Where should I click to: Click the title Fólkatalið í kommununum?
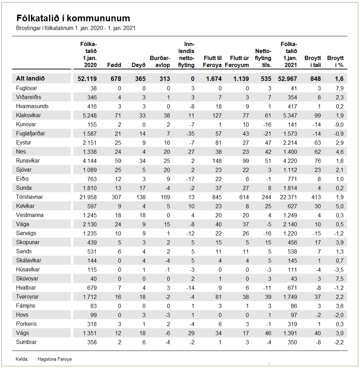click(73, 18)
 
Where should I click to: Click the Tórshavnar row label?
click(30, 197)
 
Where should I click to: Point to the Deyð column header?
click(138, 65)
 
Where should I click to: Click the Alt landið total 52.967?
click(287, 79)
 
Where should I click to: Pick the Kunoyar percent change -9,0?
click(337, 125)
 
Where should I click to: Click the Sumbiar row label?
click(26, 342)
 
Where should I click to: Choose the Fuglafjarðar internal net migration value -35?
click(190, 134)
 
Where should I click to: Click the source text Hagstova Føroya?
click(54, 359)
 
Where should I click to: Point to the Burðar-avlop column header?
click(160, 61)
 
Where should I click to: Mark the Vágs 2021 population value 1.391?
click(290, 333)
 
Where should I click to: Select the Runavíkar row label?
click(28, 161)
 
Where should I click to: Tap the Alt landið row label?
click(30, 79)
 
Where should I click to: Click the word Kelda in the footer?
click(22, 359)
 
